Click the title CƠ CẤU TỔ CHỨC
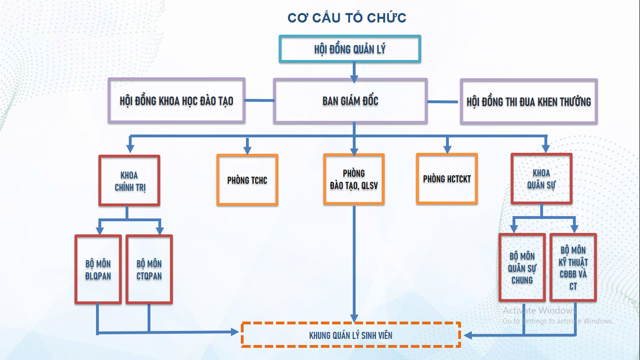(x=347, y=18)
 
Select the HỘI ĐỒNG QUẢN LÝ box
(x=350, y=49)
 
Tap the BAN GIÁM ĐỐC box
(x=350, y=101)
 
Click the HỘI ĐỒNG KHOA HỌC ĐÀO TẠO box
(x=176, y=101)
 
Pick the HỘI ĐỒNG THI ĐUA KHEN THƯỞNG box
(x=529, y=102)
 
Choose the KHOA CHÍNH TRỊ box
(x=129, y=181)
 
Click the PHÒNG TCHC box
(x=247, y=180)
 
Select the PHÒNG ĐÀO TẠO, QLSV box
(x=354, y=179)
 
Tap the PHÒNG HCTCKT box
(x=447, y=179)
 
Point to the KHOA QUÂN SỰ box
(x=541, y=179)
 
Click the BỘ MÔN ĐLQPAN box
(x=98, y=269)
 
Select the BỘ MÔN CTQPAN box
(x=149, y=269)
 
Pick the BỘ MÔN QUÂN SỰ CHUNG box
(x=522, y=268)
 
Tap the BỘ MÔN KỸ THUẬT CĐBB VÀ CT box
(x=573, y=268)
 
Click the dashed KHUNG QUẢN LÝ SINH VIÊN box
(x=350, y=335)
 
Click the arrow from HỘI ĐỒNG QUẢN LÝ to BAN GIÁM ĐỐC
(x=354, y=72)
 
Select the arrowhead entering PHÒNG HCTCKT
(x=447, y=148)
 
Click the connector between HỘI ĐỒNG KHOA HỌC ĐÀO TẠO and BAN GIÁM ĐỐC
(x=259, y=100)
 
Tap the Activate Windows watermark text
(x=539, y=310)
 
